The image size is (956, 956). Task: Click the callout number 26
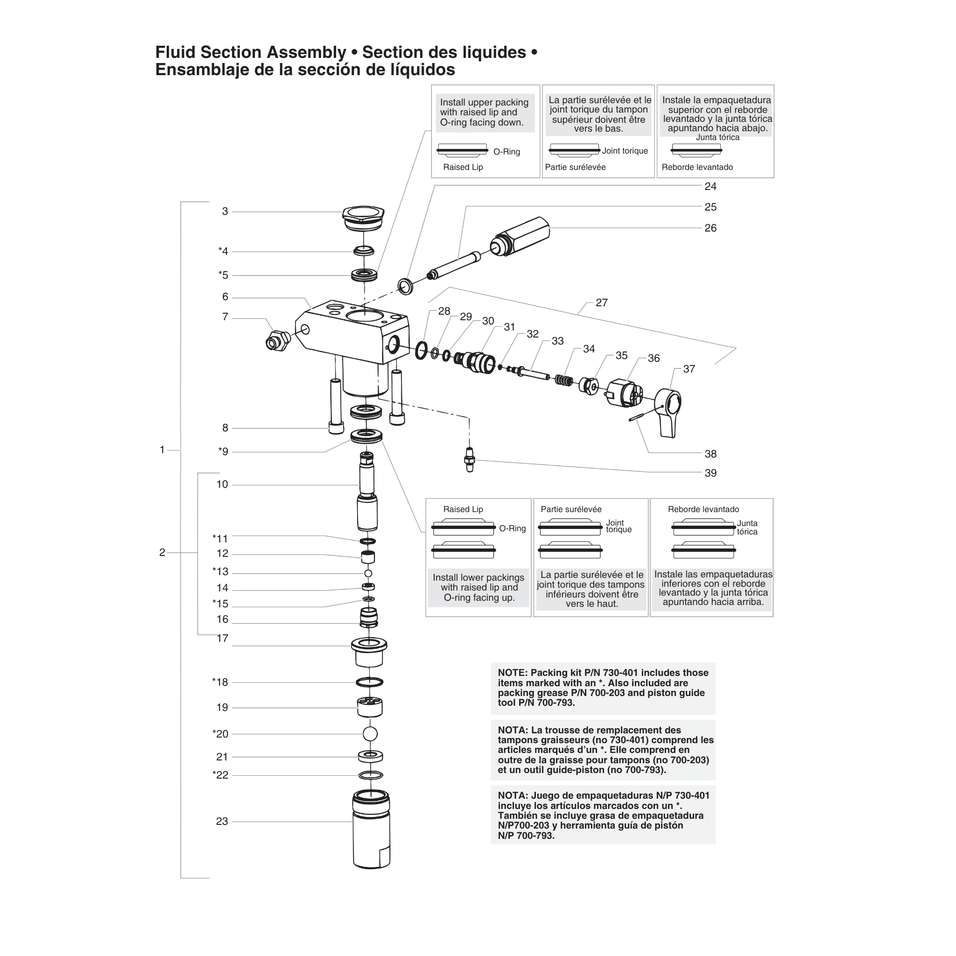click(710, 228)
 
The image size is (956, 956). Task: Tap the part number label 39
click(710, 473)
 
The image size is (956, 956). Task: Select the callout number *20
click(220, 734)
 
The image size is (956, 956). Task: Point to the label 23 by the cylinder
click(222, 822)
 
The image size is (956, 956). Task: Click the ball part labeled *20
click(370, 733)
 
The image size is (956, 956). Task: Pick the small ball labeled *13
click(368, 573)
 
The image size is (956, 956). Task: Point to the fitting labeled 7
click(278, 340)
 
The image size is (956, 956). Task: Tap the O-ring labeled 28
click(421, 351)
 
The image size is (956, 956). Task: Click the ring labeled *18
click(370, 682)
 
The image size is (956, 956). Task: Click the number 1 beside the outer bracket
click(162, 450)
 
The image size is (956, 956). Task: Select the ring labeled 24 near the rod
click(405, 286)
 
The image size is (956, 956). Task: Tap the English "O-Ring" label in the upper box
click(506, 151)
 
